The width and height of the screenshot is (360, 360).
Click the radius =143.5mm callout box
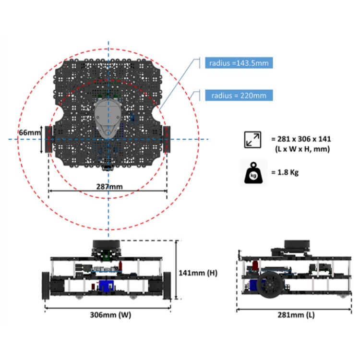tap(239, 63)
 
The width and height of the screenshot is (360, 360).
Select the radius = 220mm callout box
tap(239, 96)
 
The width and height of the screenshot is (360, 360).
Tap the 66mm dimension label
tap(30, 132)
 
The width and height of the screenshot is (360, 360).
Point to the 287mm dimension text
tap(109, 186)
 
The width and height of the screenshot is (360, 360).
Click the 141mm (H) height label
tap(198, 273)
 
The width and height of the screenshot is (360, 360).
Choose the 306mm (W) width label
tap(110, 314)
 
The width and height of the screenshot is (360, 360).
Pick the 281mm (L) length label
tap(296, 314)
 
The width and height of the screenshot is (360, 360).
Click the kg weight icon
tap(253, 173)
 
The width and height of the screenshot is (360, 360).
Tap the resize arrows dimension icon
tap(252, 140)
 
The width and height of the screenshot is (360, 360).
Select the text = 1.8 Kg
tap(285, 172)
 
